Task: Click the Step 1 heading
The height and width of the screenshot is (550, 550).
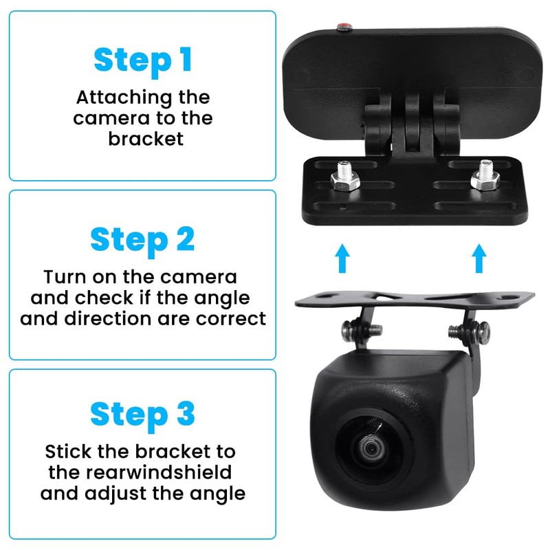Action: (142, 60)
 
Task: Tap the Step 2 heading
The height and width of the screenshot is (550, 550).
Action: (142, 240)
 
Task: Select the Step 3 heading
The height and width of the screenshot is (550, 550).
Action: (142, 415)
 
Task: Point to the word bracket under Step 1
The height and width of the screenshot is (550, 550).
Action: (146, 138)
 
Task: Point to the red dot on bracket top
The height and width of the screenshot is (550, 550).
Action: (342, 28)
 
